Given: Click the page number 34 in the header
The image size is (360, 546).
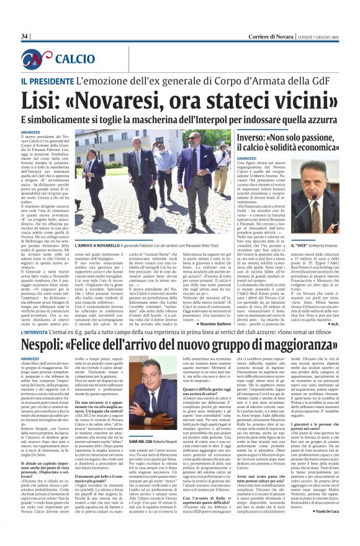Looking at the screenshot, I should pyautogui.click(x=25, y=37).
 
